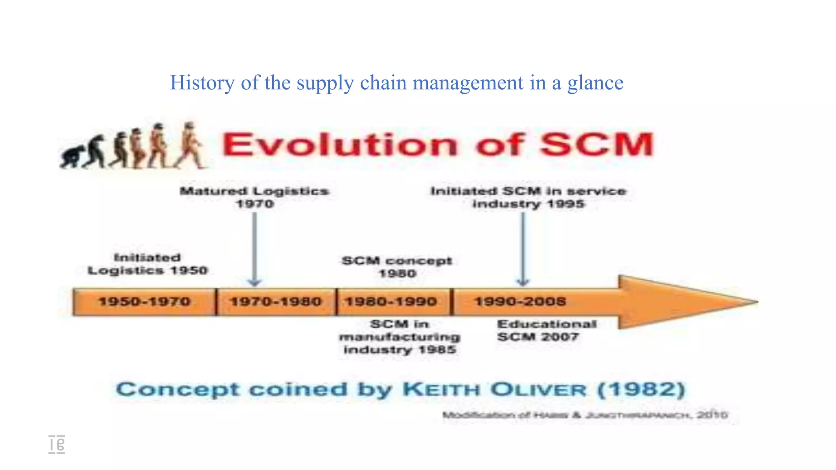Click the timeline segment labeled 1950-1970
pos(145,302)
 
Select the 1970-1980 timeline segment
pos(276,302)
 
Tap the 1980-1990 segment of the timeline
pos(391,302)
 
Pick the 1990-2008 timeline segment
pos(520,302)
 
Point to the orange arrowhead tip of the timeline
pos(753,302)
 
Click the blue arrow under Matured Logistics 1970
pos(254,249)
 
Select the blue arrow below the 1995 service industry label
pos(523,249)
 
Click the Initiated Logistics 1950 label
pos(148,264)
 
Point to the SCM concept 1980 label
pos(397,267)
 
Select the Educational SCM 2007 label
pos(547,330)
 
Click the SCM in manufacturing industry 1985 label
pos(400,337)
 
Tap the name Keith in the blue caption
pos(441,390)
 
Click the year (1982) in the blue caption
pos(641,390)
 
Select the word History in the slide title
pos(202,83)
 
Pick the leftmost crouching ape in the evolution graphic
pos(72,157)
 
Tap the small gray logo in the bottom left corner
pos(56,444)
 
